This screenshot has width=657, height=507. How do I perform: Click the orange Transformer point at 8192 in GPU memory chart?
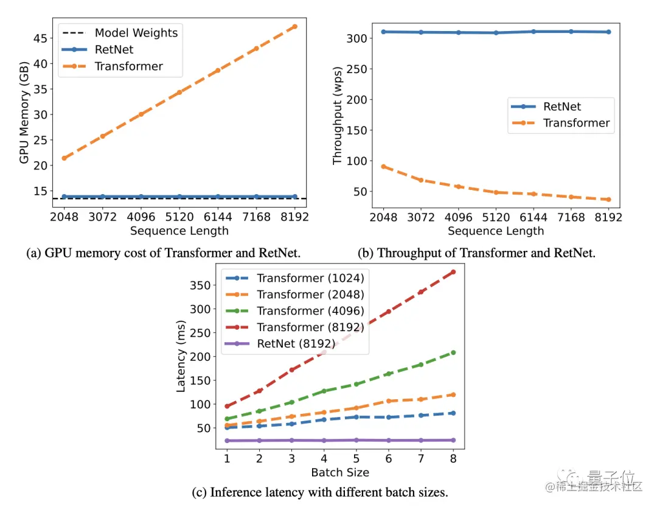295,27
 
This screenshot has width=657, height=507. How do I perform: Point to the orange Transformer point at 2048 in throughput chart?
383,166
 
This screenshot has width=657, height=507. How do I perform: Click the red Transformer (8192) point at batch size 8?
453,272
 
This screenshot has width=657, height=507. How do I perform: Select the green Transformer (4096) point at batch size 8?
453,352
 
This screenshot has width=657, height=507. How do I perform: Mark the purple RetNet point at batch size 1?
227,441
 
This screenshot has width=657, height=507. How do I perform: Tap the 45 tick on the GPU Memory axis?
40,38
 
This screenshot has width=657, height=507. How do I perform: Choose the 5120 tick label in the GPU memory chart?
179,217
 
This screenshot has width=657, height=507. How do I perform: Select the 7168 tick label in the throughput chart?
571,217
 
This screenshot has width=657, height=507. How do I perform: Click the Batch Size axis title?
340,472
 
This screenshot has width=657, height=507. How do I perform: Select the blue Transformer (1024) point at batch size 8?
453,413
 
